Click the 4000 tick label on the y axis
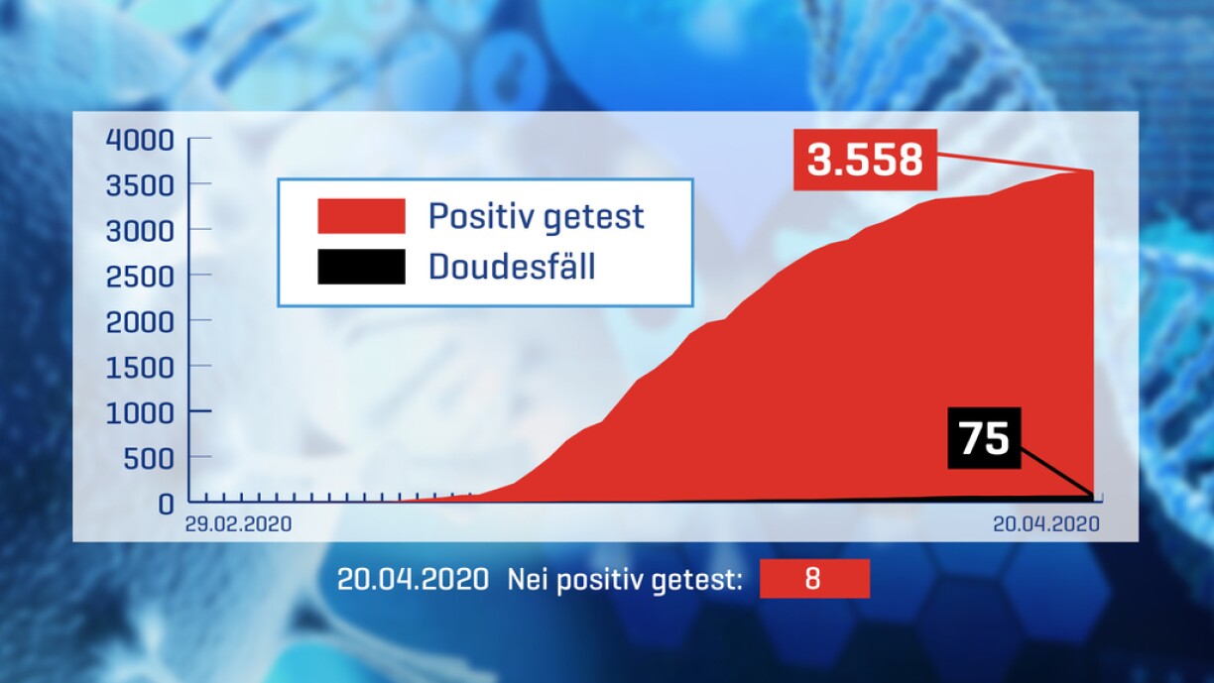point(140,140)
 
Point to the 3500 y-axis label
point(140,185)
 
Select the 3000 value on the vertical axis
point(140,231)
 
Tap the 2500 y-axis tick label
point(140,278)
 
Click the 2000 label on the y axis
point(140,323)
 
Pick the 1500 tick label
point(140,369)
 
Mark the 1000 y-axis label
point(140,413)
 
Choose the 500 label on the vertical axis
point(149,459)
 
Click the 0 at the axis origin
point(166,505)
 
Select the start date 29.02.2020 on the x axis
point(238,524)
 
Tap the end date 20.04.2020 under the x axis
point(1046,524)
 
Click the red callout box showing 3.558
point(865,160)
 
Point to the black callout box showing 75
point(984,437)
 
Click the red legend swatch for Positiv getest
point(361,216)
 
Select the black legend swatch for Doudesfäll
point(361,267)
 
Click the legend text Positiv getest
point(536,217)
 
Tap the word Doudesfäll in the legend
point(512,266)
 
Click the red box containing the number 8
point(814,579)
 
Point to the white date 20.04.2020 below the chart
point(413,580)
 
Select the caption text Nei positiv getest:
point(625,580)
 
